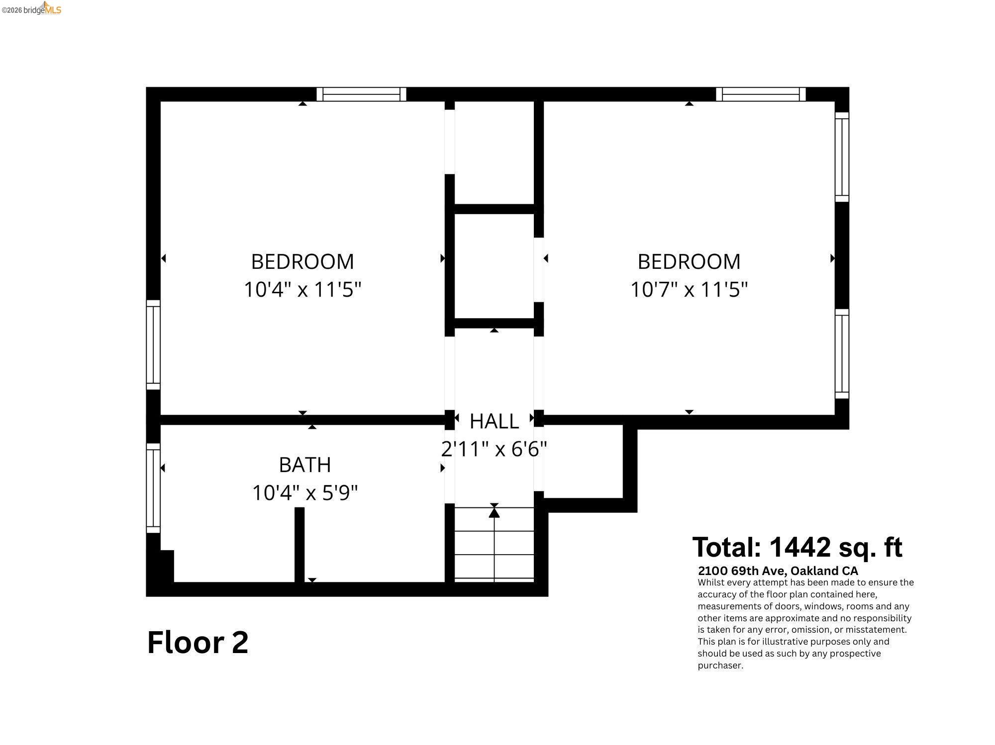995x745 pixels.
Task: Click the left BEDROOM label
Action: click(x=302, y=261)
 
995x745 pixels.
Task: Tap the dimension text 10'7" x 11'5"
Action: click(x=689, y=289)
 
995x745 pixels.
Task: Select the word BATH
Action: click(x=304, y=465)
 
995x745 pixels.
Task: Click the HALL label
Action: click(x=494, y=421)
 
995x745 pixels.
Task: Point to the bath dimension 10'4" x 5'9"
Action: click(x=304, y=493)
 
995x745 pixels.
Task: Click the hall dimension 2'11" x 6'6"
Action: click(x=494, y=449)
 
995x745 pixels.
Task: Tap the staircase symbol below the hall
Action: click(x=494, y=544)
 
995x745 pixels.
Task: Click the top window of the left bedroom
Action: click(x=361, y=94)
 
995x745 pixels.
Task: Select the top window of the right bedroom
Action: click(x=761, y=94)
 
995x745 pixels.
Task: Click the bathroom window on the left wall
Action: click(x=153, y=488)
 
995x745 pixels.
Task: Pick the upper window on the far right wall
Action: click(x=842, y=157)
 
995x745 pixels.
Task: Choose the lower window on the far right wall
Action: click(x=842, y=354)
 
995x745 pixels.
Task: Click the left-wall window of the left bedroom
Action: click(x=153, y=345)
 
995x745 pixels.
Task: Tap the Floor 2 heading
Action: click(x=198, y=642)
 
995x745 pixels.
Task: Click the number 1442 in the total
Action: click(x=800, y=547)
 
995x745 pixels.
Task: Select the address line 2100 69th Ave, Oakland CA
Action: click(x=778, y=571)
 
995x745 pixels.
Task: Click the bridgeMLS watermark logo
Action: click(x=32, y=9)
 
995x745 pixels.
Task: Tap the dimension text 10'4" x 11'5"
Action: click(x=302, y=289)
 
